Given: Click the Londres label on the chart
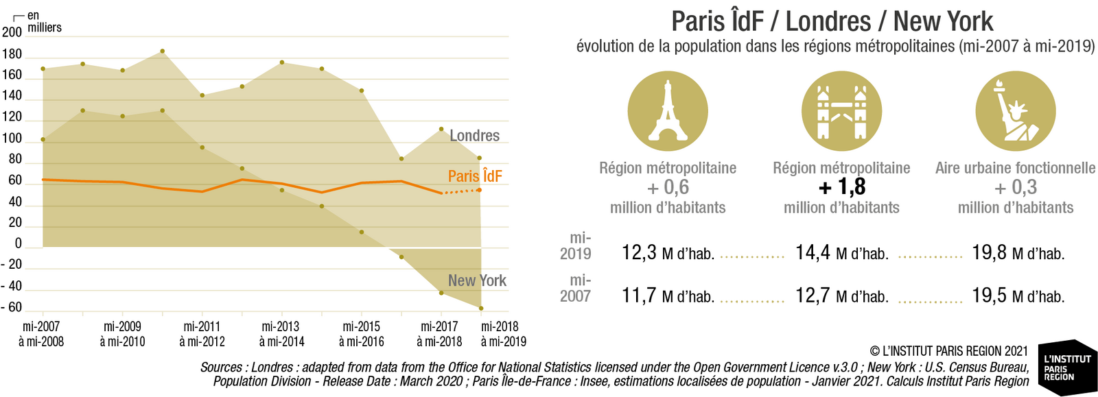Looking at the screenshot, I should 474,136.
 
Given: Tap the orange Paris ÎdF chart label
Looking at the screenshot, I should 475,176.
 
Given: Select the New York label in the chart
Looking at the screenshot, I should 477,280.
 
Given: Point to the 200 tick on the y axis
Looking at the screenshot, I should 12,32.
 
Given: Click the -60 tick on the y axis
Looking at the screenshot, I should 12,307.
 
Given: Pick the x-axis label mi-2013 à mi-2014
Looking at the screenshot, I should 281,334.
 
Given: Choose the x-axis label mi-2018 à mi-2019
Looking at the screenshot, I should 503,334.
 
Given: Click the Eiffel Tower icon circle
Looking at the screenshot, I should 667,111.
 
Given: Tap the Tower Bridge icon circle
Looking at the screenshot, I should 841,111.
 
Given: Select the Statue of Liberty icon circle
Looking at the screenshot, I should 1015,111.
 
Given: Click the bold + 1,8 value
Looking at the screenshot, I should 842,187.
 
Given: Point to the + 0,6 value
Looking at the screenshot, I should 668,187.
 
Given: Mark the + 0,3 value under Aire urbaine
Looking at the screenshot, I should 1015,187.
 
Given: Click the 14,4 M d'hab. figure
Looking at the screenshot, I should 841,253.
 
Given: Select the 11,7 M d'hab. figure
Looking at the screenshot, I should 668,296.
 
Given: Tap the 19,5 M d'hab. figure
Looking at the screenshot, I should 1018,296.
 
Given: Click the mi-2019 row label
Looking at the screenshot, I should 576,245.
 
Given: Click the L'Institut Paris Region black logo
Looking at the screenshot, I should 1067,368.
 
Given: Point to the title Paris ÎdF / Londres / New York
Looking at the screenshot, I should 832,21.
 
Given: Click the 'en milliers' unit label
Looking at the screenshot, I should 43,22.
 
